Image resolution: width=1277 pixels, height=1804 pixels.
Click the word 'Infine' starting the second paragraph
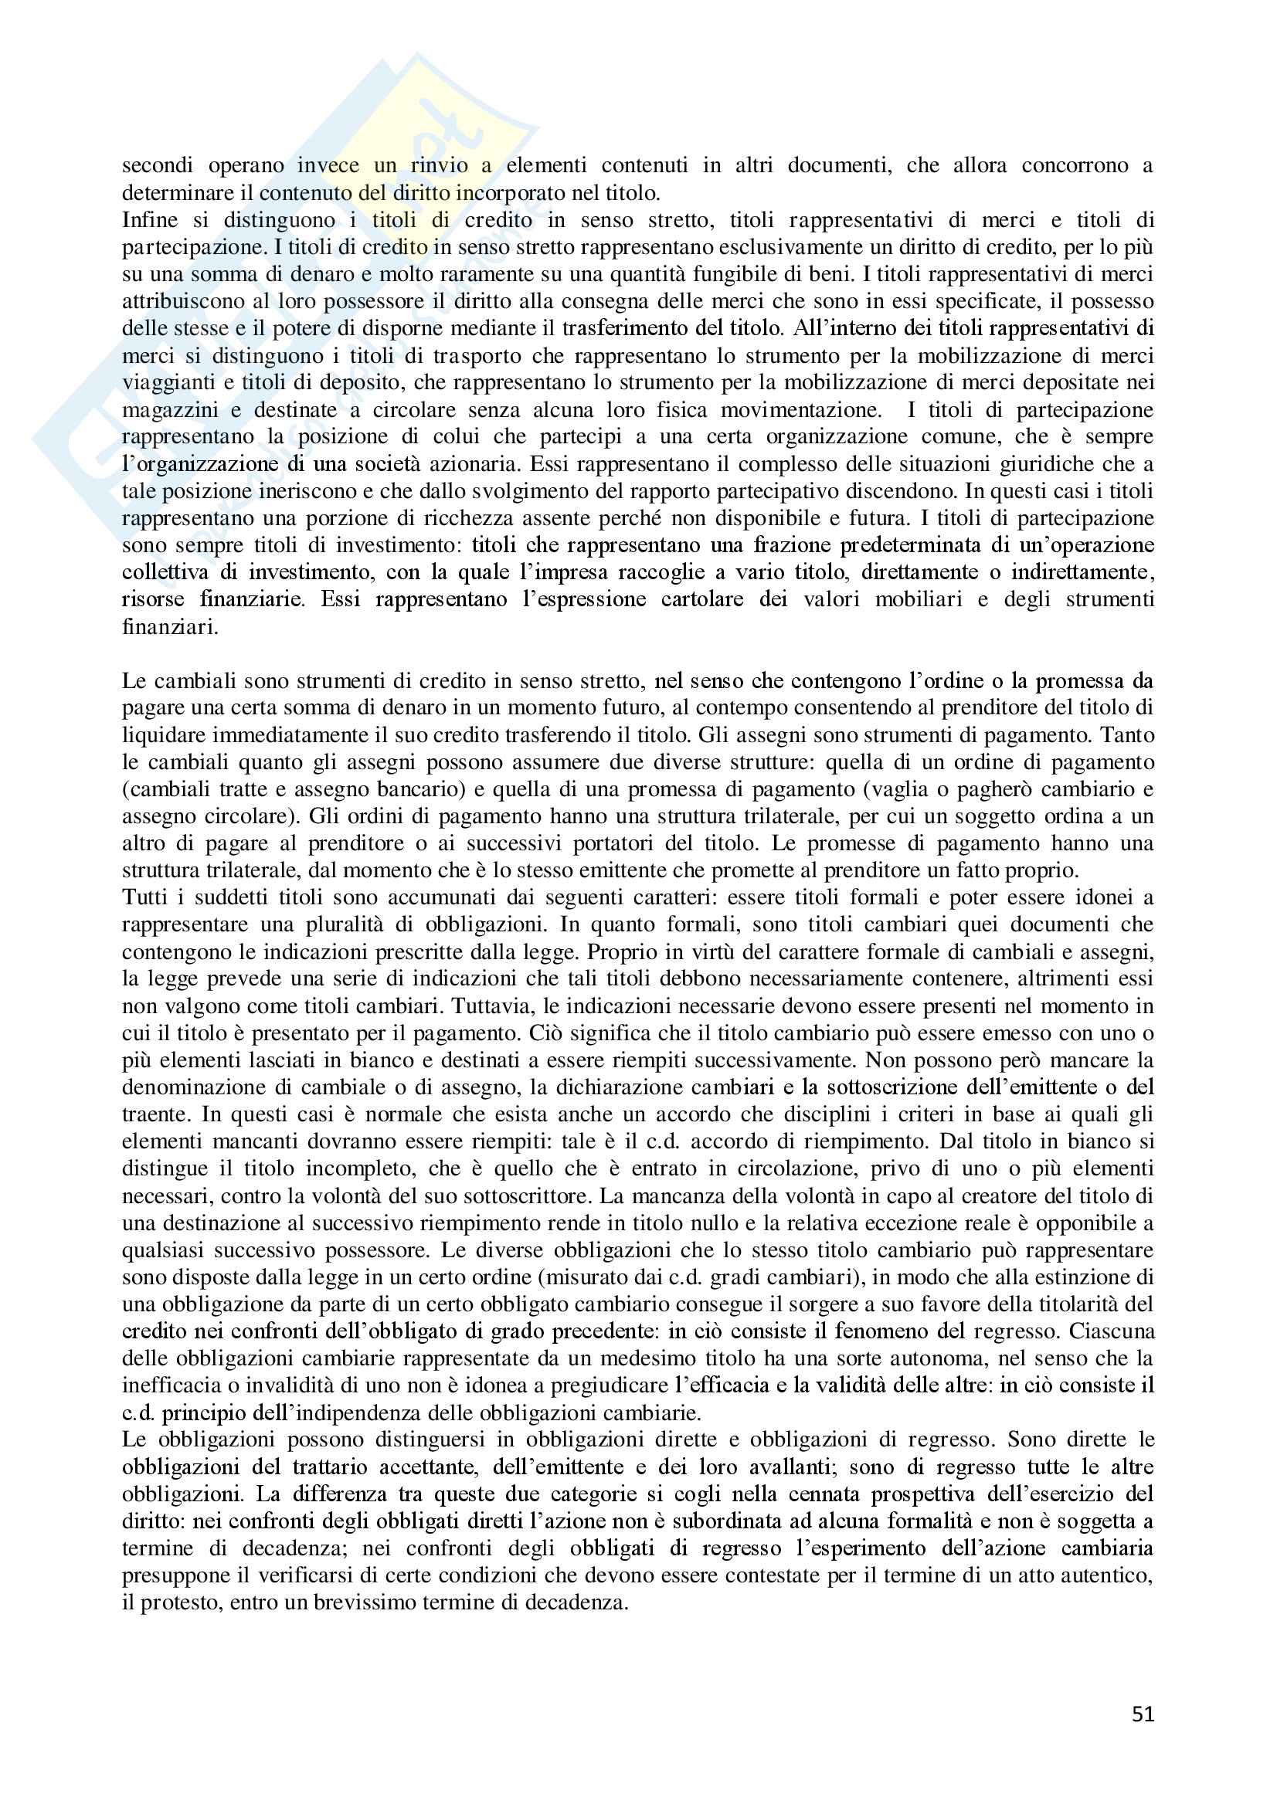(149, 220)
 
